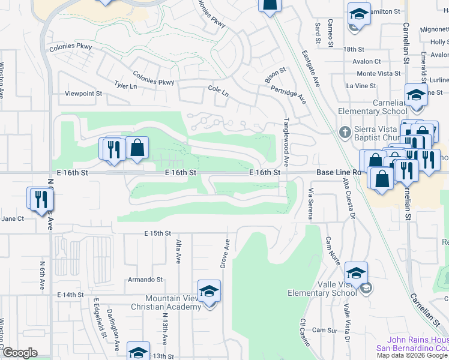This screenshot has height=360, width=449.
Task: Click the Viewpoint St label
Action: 84,94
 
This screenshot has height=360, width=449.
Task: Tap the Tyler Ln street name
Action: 126,86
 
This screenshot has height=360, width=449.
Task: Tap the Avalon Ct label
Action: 367,61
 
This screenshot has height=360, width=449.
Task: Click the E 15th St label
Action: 157,233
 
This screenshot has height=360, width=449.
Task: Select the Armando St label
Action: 145,280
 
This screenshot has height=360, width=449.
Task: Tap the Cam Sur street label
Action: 325,330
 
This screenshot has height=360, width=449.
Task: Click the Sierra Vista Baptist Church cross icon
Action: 345,131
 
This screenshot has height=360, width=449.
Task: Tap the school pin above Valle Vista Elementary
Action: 356,274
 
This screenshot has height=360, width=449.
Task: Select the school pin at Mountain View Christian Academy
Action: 209,292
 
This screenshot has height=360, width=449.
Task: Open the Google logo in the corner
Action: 19,353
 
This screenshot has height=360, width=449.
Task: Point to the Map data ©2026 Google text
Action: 412,355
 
